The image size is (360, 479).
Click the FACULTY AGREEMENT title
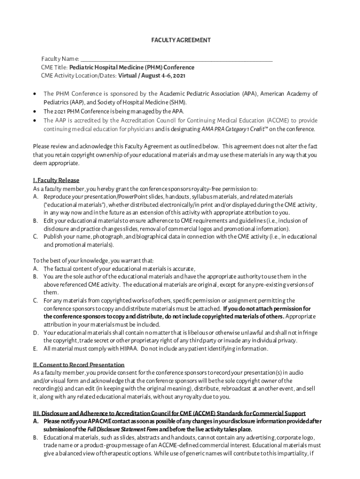tap(180, 40)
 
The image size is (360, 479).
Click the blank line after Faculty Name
tap(176, 59)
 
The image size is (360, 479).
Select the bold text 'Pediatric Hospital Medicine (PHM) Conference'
tap(132, 67)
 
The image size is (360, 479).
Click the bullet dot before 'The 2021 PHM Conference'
tap(36, 111)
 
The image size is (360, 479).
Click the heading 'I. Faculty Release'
tap(56, 180)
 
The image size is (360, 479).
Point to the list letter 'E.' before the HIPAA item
tap(36, 348)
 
